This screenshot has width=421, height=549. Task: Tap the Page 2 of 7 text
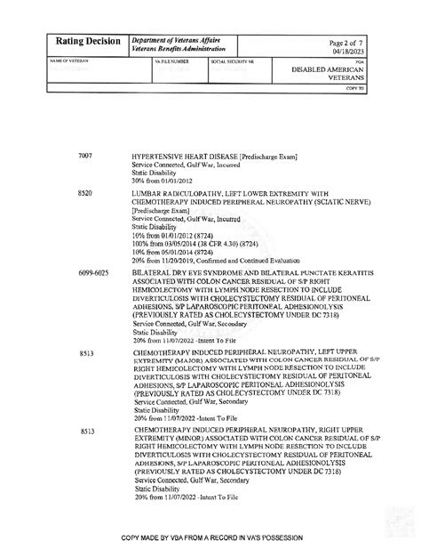pyautogui.click(x=346, y=41)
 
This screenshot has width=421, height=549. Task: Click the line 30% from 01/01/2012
pyautogui.click(x=161, y=181)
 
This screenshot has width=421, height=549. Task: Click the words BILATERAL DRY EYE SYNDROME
pyautogui.click(x=187, y=272)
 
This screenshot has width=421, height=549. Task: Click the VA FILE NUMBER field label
pyautogui.click(x=172, y=62)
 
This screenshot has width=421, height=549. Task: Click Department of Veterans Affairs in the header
pyautogui.click(x=175, y=39)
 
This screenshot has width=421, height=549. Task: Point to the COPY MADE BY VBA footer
pyautogui.click(x=212, y=538)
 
